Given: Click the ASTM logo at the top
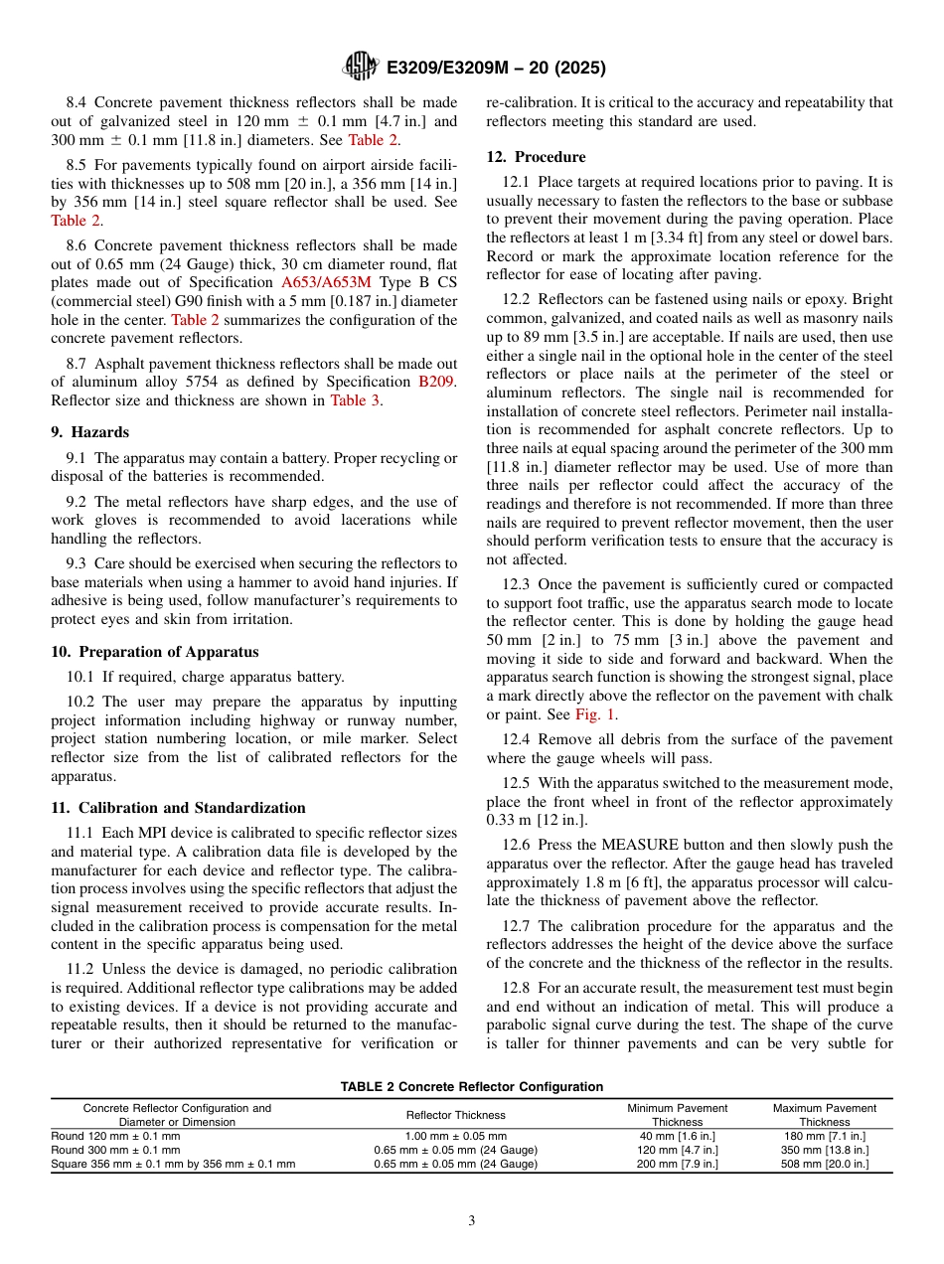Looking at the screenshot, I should click(360, 68).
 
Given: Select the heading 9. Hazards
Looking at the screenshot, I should click(90, 432).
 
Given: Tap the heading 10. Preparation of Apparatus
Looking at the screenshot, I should click(154, 652).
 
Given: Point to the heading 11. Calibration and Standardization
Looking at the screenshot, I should click(178, 807).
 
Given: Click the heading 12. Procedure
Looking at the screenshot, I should click(536, 156).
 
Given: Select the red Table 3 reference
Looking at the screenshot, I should click(355, 400).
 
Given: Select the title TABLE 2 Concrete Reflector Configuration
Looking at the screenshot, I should click(471, 1087).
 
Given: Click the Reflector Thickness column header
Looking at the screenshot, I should click(456, 1115).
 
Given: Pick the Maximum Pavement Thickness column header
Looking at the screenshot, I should click(824, 1115).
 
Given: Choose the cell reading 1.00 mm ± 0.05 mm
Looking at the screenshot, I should click(456, 1136).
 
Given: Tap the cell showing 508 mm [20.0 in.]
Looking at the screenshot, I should click(824, 1164).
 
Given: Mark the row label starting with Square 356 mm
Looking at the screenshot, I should click(173, 1164).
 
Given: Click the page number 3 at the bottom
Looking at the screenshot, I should click(472, 1221).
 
